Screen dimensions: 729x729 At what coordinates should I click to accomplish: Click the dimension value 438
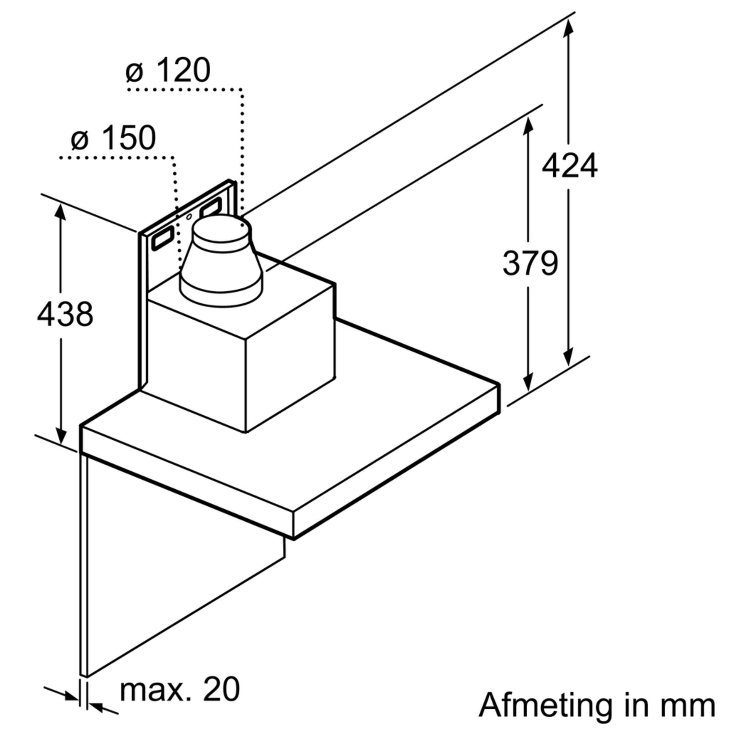pos(65,314)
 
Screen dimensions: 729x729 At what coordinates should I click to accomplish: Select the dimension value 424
pos(569,165)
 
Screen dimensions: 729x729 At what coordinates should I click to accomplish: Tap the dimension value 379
pos(530,263)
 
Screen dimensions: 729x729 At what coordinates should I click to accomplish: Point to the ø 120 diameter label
pos(168,71)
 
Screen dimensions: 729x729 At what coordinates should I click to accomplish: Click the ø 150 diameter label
pos(113,138)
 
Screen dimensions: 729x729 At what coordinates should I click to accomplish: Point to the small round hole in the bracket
pos(189,217)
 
